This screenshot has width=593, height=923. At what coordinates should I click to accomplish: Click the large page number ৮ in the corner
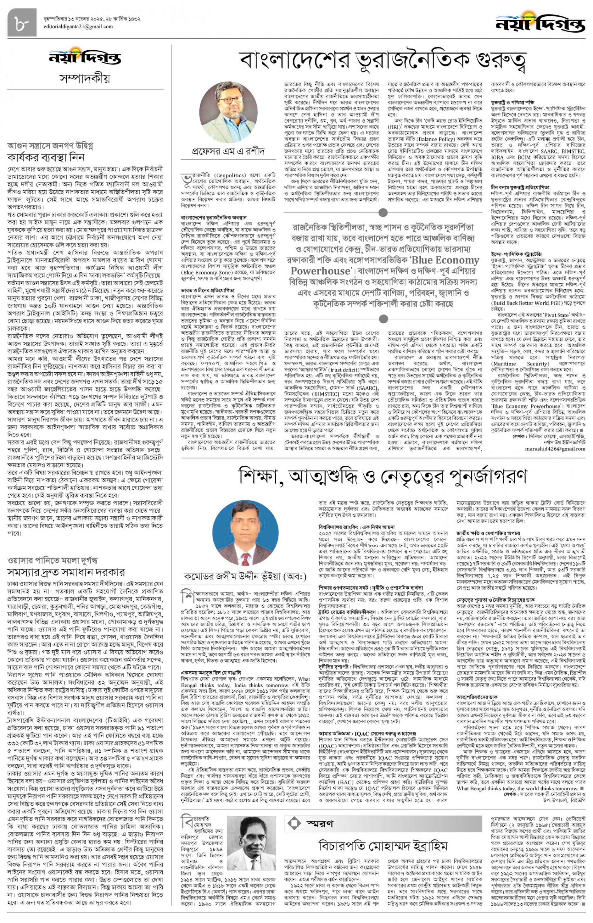pyautogui.click(x=22, y=22)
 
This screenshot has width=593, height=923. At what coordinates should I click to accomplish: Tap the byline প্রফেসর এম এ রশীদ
pyautogui.click(x=228, y=151)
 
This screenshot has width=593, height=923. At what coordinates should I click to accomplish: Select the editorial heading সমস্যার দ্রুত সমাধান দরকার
pyautogui.click(x=66, y=572)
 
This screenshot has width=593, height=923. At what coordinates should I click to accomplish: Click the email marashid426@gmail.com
pyautogui.click(x=555, y=449)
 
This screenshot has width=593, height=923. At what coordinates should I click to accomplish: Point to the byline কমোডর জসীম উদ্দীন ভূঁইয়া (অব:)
pyautogui.click(x=245, y=576)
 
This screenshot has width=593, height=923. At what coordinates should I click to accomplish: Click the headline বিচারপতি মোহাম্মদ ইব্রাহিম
pyautogui.click(x=383, y=846)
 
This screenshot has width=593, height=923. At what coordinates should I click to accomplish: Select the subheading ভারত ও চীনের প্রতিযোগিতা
pyautogui.click(x=208, y=290)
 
